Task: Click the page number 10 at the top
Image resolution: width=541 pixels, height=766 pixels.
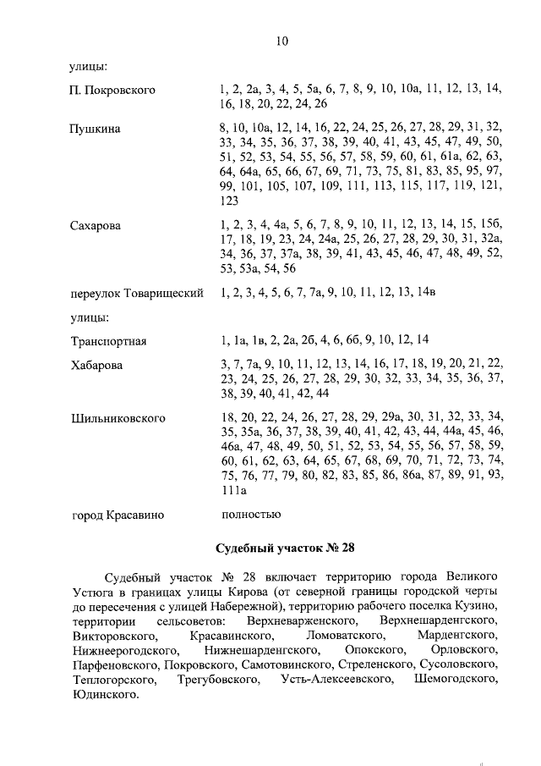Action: (x=282, y=39)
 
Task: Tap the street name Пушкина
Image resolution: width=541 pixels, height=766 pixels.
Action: (x=95, y=129)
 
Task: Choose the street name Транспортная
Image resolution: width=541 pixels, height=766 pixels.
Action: (x=109, y=341)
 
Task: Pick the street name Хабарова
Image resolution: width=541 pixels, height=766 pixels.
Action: (x=96, y=365)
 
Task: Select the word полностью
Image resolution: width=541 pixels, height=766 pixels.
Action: (x=249, y=513)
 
